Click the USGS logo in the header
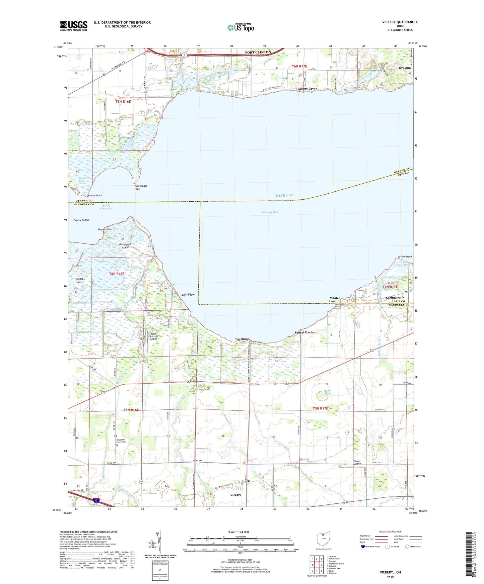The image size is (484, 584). (74, 25)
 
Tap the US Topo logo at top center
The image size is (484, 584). (240, 27)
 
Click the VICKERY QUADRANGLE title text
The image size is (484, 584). (400, 22)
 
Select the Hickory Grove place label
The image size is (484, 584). (306, 89)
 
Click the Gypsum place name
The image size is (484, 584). (405, 68)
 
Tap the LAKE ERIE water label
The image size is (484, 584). (285, 195)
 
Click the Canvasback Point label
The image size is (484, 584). (142, 187)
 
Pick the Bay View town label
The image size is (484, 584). (188, 295)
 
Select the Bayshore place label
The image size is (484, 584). (242, 339)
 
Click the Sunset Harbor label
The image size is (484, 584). (305, 332)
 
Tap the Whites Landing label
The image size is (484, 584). (335, 299)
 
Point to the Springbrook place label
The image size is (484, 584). (395, 297)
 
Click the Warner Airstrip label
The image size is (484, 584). (357, 463)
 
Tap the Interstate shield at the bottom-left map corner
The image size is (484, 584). (96, 501)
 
